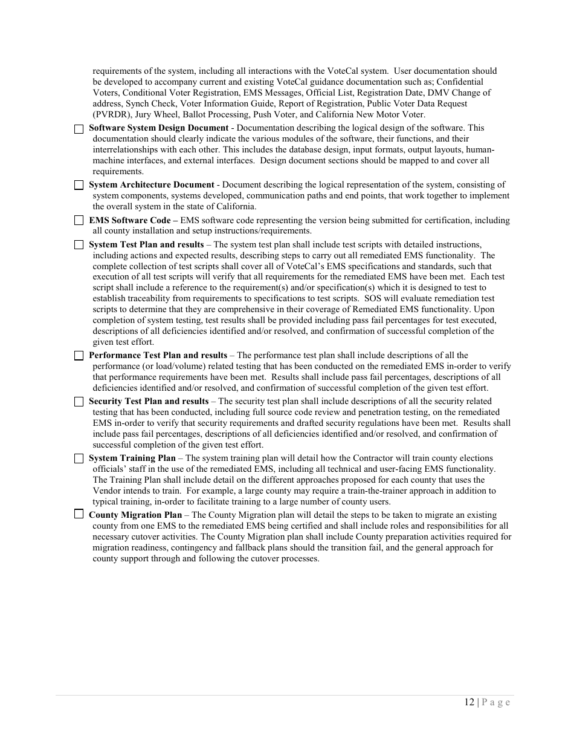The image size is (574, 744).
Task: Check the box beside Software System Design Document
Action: tap(79, 129)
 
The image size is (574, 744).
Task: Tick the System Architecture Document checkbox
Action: tap(79, 185)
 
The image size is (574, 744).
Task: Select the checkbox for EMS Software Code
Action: tap(79, 221)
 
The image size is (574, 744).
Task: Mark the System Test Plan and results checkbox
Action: tap(79, 245)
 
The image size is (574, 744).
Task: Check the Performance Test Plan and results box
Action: tap(79, 356)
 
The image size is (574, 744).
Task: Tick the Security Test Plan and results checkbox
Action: tap(79, 402)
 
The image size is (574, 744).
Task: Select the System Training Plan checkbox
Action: tap(79, 458)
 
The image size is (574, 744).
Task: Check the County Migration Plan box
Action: tap(79, 515)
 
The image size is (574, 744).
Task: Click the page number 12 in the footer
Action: tap(469, 702)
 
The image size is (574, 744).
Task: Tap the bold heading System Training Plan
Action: tap(132, 458)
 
